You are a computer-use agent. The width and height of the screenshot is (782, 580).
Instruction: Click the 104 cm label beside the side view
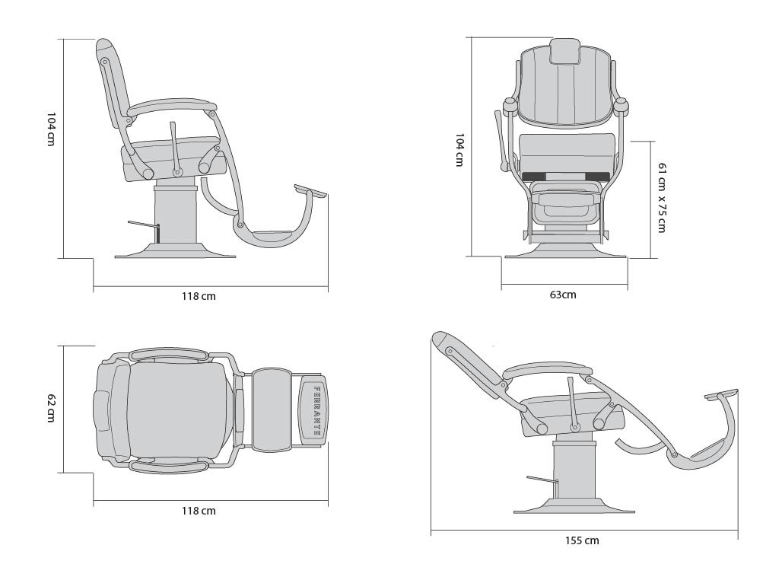50,129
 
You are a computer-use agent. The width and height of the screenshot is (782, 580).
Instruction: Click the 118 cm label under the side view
199,296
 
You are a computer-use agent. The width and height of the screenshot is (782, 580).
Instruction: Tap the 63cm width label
563,295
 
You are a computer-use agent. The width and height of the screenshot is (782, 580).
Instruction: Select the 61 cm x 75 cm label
662,198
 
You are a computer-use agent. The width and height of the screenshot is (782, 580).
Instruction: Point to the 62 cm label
50,408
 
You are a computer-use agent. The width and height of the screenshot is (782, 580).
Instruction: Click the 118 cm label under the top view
199,511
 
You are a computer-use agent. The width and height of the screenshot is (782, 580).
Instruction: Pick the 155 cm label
582,540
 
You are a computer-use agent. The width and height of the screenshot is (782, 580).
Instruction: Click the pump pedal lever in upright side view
144,227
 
